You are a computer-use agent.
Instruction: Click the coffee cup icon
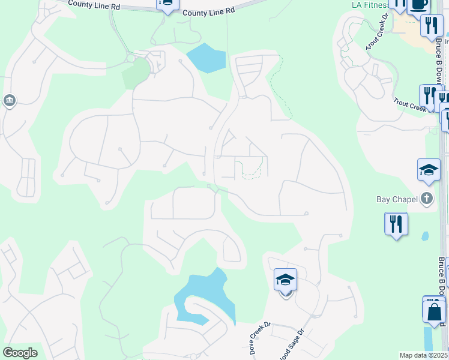point(419,4)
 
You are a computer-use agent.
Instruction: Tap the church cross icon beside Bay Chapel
point(427,199)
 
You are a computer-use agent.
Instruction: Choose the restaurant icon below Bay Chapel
point(396,224)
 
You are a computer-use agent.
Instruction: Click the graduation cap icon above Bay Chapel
point(429,170)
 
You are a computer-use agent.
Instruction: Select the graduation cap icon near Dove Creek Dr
point(285,280)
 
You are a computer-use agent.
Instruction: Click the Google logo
point(20,353)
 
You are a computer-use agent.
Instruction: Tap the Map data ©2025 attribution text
point(424,355)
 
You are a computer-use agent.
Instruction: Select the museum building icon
point(10,100)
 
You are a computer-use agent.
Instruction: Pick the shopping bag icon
point(434,311)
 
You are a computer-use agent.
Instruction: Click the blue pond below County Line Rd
point(206,58)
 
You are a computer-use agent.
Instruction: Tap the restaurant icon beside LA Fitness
point(431,25)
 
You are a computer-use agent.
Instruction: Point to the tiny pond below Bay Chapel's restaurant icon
point(425,236)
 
